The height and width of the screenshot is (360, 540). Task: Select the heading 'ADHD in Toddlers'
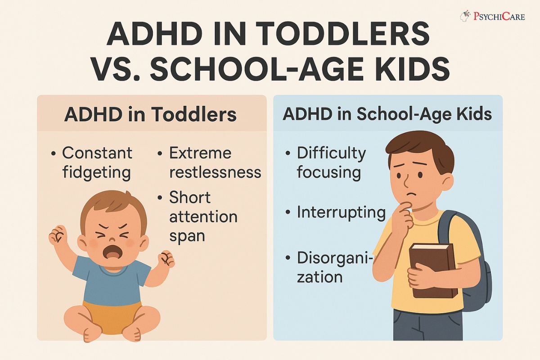click(150, 114)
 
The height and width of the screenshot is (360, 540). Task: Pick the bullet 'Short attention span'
click(202, 216)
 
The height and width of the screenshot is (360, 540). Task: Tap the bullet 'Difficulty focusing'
click(331, 162)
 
